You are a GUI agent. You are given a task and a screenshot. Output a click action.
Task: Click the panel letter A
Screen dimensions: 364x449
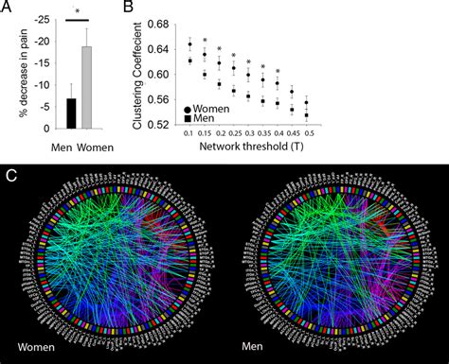(x=9, y=9)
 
